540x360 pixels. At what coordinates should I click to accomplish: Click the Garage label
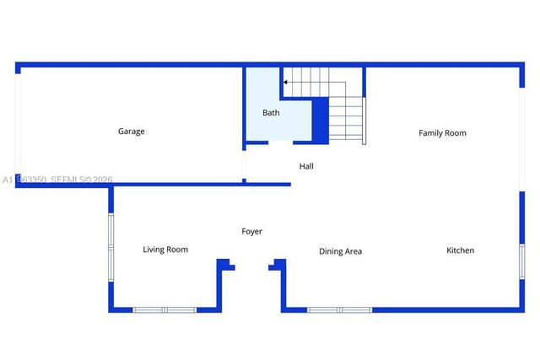pos(131,132)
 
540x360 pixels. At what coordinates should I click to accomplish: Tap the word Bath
pos(271,113)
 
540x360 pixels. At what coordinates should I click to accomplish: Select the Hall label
pos(306,167)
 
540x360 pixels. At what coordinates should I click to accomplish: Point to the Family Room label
pos(442,133)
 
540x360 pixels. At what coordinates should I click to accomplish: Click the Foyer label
pos(251,232)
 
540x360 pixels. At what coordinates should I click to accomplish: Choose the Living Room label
pos(165,250)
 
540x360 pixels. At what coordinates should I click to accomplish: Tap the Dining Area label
pos(340,251)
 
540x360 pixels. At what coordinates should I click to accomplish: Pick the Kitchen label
pos(460,250)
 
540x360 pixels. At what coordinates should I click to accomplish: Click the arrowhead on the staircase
pos(286,83)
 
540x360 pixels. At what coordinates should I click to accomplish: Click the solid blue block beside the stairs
pos(321,121)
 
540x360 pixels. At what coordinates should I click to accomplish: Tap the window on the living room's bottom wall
pos(165,309)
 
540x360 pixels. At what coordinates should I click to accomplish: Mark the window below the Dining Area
pos(339,309)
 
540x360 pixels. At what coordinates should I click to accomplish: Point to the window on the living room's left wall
pos(111,244)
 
